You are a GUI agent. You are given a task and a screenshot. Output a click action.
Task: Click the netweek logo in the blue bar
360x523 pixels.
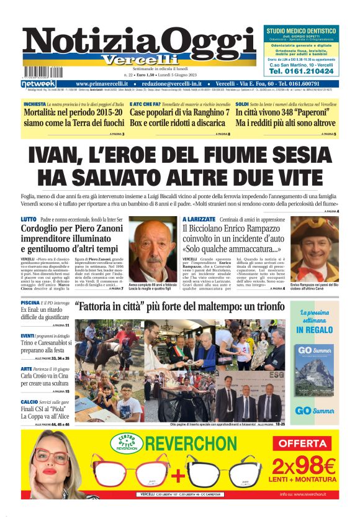[x=38, y=83]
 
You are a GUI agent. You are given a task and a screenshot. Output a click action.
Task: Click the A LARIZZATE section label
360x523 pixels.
[x=199, y=219]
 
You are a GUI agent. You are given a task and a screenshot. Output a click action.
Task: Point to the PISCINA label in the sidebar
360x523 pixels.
[x=30, y=302]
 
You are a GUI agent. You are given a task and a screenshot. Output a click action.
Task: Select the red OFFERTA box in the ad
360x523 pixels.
[x=305, y=443]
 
